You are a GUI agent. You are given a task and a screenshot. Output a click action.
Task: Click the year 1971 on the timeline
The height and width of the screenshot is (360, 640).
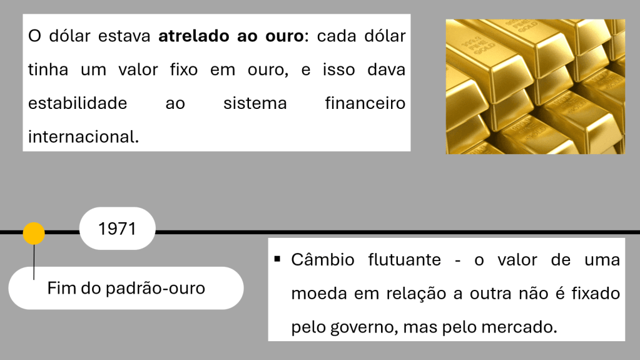[x=117, y=229]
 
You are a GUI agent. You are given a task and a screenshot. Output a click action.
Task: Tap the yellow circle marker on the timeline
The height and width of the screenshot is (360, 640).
[x=34, y=234]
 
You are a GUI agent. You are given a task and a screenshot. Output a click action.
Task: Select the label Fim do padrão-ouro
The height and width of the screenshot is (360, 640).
[x=126, y=289]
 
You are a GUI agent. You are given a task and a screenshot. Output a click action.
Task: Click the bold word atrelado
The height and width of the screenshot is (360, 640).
[x=195, y=36]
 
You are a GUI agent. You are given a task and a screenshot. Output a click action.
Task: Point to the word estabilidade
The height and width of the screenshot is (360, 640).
[x=78, y=103]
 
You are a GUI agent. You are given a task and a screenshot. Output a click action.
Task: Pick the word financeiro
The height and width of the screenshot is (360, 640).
[x=365, y=103]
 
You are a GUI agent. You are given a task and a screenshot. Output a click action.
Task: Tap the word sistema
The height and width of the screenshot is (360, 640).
[x=255, y=103]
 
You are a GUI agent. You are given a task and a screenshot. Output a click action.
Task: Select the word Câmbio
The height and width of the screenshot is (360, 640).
[x=323, y=260]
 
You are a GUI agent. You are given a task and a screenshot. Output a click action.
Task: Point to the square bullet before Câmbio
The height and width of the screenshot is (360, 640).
[x=277, y=258]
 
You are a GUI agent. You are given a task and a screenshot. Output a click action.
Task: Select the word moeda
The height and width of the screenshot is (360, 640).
[x=317, y=294]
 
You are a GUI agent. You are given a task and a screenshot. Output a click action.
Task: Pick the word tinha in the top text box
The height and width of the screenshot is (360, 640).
[x=48, y=70]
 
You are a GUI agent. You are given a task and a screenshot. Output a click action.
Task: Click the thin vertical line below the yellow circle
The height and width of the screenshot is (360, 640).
[x=34, y=262]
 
